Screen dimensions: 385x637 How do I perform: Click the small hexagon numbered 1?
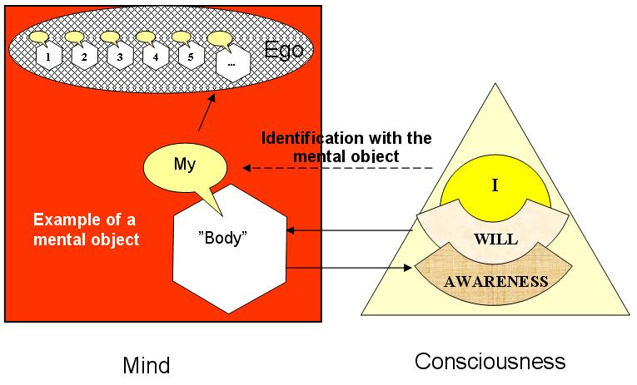pos(49,57)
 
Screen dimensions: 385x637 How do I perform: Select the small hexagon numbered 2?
pos(84,57)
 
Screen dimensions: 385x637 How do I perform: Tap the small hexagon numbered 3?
pos(120,57)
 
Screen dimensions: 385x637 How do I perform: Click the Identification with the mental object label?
pos(346,146)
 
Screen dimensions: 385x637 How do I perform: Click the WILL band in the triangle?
pos(496,239)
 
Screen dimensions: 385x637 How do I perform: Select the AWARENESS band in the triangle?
pos(496,280)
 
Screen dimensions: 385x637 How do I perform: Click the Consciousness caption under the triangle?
pos(490,362)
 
